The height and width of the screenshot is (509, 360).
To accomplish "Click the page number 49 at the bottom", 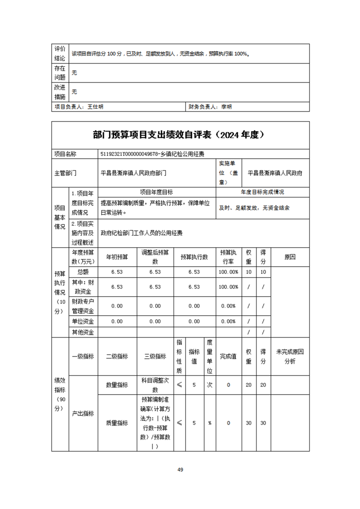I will (x=180, y=470).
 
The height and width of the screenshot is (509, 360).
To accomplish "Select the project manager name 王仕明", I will (x=95, y=107).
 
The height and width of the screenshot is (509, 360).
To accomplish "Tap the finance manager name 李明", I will (x=226, y=107).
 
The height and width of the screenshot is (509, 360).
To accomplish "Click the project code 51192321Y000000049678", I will (x=129, y=154).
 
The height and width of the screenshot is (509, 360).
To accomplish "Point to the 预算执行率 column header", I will (x=228, y=257).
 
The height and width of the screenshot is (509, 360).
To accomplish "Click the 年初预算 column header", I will (x=117, y=257).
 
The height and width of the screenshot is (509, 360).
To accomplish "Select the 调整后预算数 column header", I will (x=155, y=257).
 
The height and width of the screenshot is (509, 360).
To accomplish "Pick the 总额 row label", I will (x=83, y=272).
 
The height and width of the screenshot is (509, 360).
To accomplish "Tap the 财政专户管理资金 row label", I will (x=83, y=306).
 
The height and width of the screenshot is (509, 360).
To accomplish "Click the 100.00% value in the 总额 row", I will (x=228, y=272).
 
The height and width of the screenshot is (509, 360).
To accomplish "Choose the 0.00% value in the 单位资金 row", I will (x=228, y=321).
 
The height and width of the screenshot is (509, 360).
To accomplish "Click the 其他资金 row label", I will (x=83, y=332).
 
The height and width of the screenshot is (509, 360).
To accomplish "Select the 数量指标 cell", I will (x=117, y=385).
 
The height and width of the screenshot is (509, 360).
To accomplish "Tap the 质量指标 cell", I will (x=117, y=423).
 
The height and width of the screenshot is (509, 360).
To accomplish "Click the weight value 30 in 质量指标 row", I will (x=249, y=423).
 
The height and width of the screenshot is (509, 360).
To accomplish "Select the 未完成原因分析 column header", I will (x=290, y=357).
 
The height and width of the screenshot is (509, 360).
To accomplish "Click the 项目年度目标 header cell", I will (x=156, y=192).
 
